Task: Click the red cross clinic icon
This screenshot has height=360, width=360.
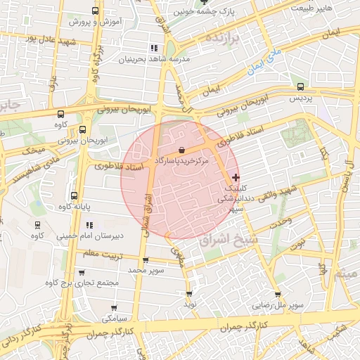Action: (x=235, y=176)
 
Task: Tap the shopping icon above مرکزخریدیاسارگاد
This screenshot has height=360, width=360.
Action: (x=183, y=149)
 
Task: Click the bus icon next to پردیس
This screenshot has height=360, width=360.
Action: (x=301, y=86)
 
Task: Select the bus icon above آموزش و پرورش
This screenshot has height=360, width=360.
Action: (x=96, y=11)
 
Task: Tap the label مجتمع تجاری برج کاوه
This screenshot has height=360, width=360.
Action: (x=73, y=283)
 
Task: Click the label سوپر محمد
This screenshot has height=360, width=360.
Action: (x=147, y=270)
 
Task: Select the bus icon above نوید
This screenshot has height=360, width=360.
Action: (x=189, y=294)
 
